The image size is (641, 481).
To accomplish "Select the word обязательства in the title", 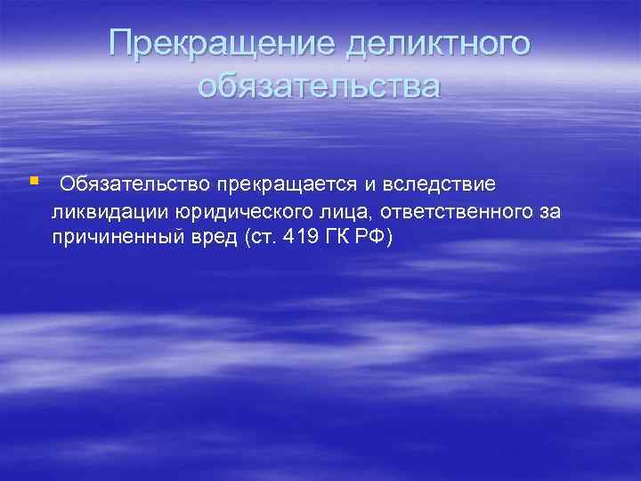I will coord(320,86).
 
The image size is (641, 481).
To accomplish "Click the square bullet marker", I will coord(34,181).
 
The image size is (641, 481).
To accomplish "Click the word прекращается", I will coord(282,184).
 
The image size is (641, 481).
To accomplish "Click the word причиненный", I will coord(118,240).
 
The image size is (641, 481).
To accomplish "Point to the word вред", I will coord(215,240).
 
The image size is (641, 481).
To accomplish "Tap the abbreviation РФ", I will coord(374,240).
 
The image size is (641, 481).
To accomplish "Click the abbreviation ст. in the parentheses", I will coord(258,240).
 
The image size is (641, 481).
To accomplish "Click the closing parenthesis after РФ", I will coord(389,240).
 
